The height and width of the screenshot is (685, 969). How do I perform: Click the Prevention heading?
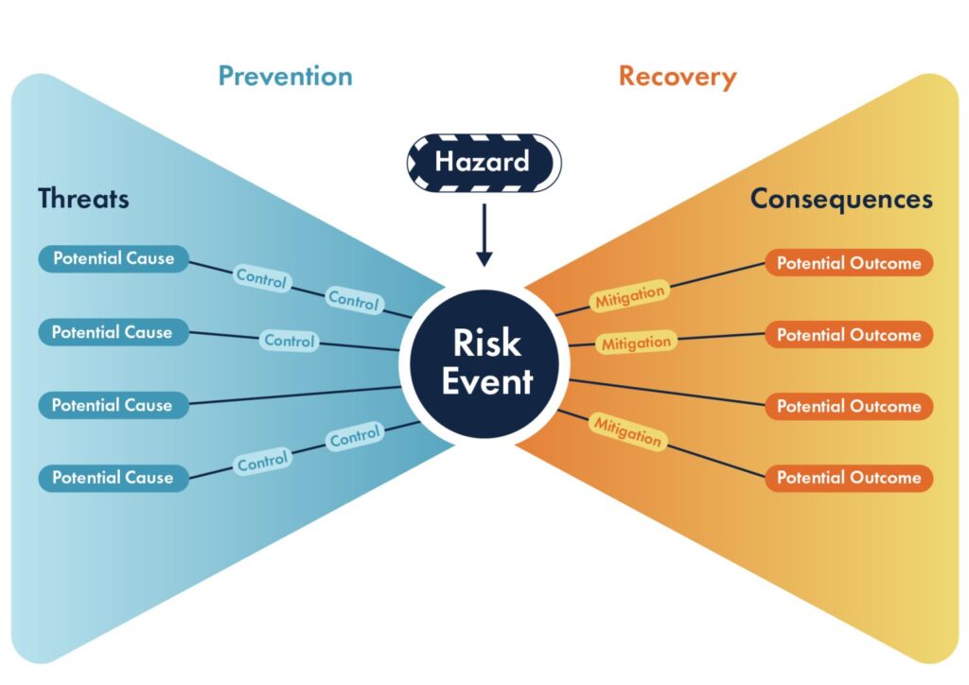click(x=285, y=76)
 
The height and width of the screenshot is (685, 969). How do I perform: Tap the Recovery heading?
click(x=677, y=76)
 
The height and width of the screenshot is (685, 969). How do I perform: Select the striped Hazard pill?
click(x=484, y=163)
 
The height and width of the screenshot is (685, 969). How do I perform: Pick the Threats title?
click(x=83, y=199)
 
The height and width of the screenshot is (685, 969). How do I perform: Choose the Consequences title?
click(x=841, y=199)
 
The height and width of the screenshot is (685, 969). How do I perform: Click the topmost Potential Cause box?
click(x=114, y=258)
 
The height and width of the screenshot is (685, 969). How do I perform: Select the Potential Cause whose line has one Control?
click(x=113, y=332)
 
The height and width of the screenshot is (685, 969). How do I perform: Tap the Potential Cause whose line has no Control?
click(x=113, y=405)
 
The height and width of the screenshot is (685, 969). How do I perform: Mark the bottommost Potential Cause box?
click(x=113, y=478)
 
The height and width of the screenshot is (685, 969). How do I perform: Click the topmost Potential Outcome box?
click(x=849, y=263)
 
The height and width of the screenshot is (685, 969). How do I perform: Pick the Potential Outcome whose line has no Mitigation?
click(x=849, y=406)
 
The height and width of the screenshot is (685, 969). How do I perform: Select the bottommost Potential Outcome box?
click(x=849, y=478)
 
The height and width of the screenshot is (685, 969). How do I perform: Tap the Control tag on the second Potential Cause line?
click(x=290, y=341)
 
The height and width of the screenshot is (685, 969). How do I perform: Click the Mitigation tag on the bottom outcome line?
click(x=626, y=430)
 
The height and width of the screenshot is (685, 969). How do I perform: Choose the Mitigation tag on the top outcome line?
click(x=629, y=296)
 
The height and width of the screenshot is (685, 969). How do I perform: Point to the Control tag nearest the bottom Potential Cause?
click(x=262, y=463)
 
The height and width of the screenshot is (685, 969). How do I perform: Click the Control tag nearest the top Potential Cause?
click(x=261, y=278)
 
